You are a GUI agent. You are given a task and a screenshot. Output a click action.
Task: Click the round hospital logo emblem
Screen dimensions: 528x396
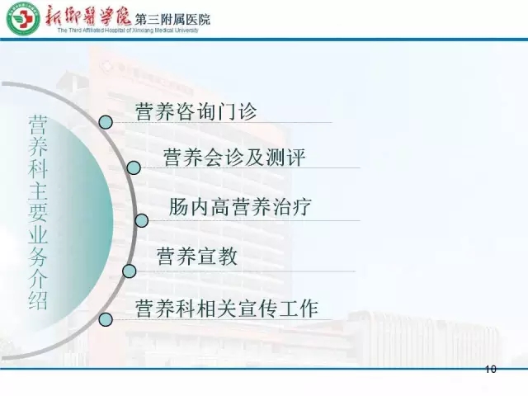[x=22, y=18]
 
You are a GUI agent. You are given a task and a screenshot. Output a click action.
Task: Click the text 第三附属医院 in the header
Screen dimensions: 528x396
[x=172, y=20]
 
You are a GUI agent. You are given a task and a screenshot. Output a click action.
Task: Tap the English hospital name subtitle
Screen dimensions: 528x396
[x=128, y=31]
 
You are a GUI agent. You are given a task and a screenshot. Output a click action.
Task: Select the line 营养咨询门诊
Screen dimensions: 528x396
[x=196, y=111]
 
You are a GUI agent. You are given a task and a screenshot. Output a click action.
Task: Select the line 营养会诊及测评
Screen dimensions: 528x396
[x=234, y=157]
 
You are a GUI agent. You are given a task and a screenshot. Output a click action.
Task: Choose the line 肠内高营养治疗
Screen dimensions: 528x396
[x=240, y=206]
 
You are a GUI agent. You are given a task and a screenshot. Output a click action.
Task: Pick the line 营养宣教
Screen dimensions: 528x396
[x=197, y=257]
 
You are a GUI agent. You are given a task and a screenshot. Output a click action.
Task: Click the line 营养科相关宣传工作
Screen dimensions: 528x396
[x=227, y=308]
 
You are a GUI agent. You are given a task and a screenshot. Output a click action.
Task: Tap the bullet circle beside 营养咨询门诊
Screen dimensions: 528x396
[x=106, y=122]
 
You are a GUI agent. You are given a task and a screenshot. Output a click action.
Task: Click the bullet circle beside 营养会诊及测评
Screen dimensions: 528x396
[x=134, y=167]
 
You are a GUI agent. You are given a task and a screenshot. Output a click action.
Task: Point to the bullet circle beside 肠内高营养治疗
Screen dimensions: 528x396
[x=142, y=220]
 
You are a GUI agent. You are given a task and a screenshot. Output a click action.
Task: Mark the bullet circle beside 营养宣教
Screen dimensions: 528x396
[x=130, y=271]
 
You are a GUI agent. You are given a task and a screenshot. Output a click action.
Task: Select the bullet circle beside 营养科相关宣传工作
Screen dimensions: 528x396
[x=106, y=319]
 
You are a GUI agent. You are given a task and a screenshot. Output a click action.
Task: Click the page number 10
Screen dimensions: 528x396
[x=491, y=370]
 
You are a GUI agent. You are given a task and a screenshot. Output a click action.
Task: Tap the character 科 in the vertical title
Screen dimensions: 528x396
[x=38, y=168]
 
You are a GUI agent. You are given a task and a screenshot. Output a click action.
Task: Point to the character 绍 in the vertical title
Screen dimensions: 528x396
[x=38, y=299]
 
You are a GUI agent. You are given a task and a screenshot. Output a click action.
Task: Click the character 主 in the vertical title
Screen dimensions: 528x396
[x=38, y=191]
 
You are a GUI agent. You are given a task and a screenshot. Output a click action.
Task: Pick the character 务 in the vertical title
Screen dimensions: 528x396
[x=38, y=256]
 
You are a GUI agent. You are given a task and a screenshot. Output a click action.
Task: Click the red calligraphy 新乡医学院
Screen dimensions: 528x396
[x=88, y=16]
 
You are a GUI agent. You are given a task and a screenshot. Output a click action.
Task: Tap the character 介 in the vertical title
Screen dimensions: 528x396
[x=38, y=278]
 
